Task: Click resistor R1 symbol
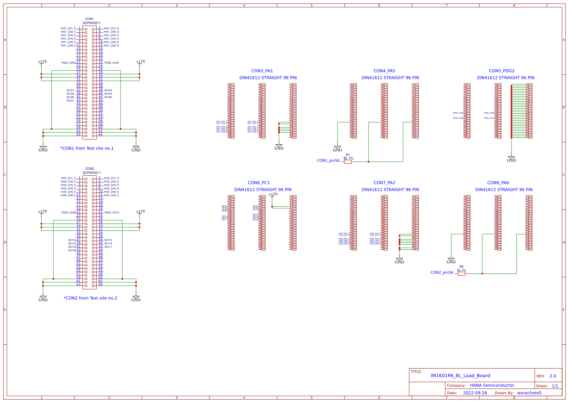pyautogui.click(x=348, y=162)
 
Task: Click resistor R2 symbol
pyautogui.click(x=462, y=273)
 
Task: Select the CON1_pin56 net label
pyautogui.click(x=328, y=161)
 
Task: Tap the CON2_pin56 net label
pyautogui.click(x=442, y=272)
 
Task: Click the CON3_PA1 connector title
pyautogui.click(x=262, y=71)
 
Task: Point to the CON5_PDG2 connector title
pyautogui.click(x=501, y=71)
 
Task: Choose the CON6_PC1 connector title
pyautogui.click(x=259, y=183)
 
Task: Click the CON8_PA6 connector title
pyautogui.click(x=498, y=183)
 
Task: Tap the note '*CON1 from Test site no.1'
pyautogui.click(x=87, y=148)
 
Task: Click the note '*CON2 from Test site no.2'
pyautogui.click(x=90, y=298)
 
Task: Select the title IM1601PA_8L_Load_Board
pyautogui.click(x=460, y=376)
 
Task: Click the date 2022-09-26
pyautogui.click(x=475, y=393)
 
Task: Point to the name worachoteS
pyautogui.click(x=529, y=393)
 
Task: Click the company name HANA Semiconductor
pyautogui.click(x=492, y=385)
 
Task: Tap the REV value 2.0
pyautogui.click(x=552, y=376)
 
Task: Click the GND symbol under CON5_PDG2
pyautogui.click(x=511, y=159)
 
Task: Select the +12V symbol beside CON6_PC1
pyautogui.click(x=273, y=195)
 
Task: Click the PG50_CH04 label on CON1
pyautogui.click(x=112, y=63)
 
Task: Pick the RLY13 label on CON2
pyautogui.click(x=108, y=240)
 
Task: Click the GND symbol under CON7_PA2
pyautogui.click(x=400, y=261)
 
